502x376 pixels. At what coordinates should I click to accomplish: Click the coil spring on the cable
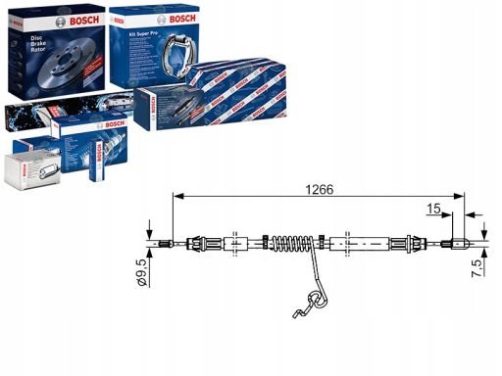tap(294, 244)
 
